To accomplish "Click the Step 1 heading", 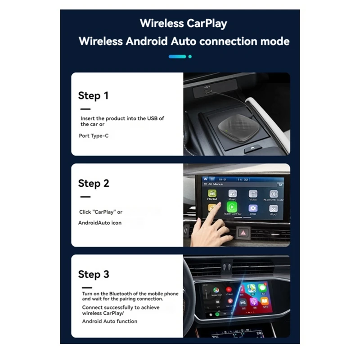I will coord(93,95).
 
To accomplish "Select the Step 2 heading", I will coord(93,183).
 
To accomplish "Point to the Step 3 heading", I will coord(93,274).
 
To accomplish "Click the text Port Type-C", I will coord(94,135).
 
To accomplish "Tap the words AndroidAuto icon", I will coord(100,222).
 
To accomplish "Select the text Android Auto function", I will coord(110,321).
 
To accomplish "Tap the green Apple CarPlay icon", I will coord(232,207).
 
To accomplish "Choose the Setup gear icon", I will coord(253,208).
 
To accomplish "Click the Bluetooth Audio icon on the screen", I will coord(273,194).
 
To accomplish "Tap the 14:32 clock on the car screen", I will coord(243,180).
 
